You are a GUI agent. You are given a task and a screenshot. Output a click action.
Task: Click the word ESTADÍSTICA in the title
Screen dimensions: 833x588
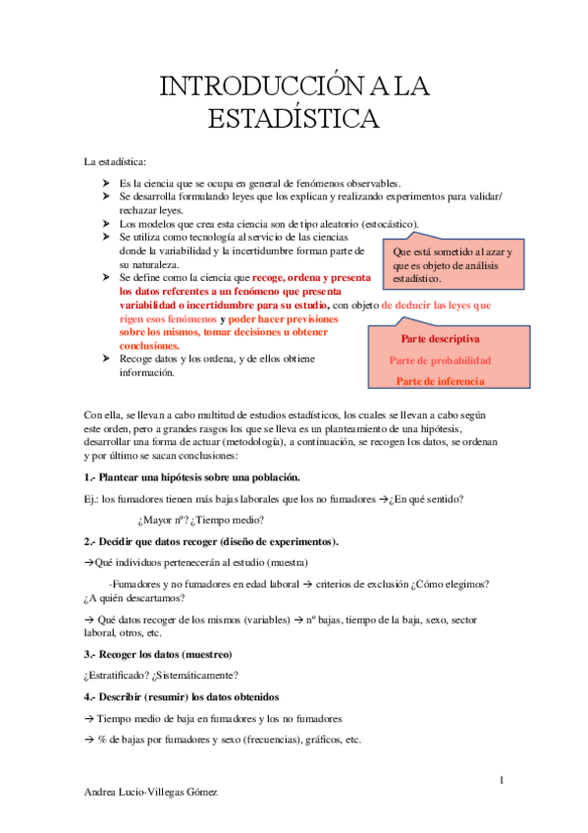[294, 119]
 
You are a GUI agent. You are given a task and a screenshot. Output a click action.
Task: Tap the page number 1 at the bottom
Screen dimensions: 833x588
[501, 780]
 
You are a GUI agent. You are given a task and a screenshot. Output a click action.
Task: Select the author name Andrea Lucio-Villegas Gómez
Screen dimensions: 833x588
[151, 792]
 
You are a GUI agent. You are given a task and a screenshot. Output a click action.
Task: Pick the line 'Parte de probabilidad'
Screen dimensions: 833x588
[441, 361]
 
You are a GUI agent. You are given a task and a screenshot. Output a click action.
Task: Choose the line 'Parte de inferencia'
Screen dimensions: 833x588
[441, 381]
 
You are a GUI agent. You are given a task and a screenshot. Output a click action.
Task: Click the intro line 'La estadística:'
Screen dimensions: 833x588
[115, 160]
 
